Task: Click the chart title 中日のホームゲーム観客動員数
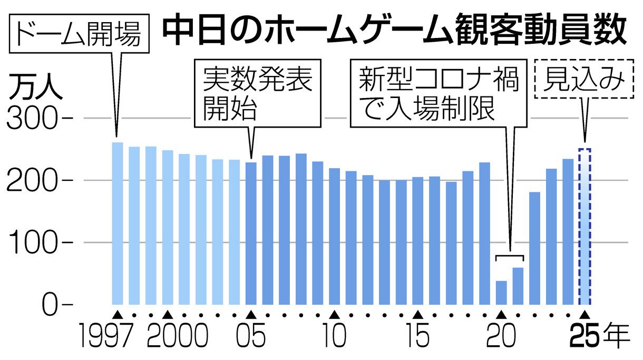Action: tap(393, 33)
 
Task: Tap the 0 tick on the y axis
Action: tap(50, 305)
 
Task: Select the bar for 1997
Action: tap(118, 223)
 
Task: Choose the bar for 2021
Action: tap(518, 286)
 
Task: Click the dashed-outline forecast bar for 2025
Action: tap(585, 227)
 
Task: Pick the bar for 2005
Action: tap(251, 233)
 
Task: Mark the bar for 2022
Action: tap(535, 248)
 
